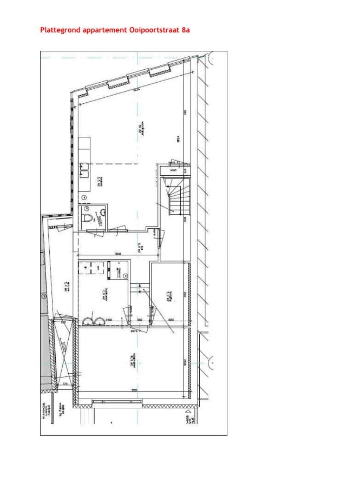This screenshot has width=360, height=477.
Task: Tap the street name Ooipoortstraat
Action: (x=154, y=30)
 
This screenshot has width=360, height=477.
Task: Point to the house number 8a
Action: (x=185, y=30)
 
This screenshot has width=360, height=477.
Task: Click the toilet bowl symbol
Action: (x=88, y=218)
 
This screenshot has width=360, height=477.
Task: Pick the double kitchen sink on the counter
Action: (x=84, y=170)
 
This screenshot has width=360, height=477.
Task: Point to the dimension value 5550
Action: (x=133, y=390)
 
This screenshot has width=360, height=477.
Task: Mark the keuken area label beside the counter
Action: (x=100, y=181)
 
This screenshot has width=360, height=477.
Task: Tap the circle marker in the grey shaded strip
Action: (x=44, y=296)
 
